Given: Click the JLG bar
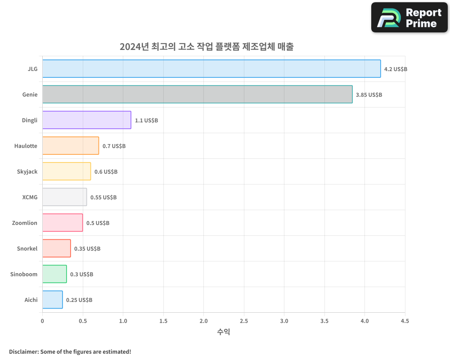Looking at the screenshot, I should pos(211,69).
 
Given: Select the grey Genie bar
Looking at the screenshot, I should pos(197,94).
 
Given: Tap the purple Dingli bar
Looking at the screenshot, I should pos(86,120).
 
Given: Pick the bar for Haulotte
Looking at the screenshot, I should pos(71,146).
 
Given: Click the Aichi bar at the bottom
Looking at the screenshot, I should pos(52,300).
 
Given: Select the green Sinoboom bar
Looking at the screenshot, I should pos(54,274).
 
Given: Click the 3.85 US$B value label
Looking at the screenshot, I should pos(369,95).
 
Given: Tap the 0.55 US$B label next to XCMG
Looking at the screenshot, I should pos(103,198).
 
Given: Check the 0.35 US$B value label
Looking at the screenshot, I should pos(87,249).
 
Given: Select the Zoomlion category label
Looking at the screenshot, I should pos(25,223).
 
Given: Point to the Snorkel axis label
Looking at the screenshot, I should pos(27,249).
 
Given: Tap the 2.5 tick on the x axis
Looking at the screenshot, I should pos(244,321).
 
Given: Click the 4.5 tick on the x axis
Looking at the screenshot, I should pos(405,321).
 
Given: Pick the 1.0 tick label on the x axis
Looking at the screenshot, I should pos(123,321).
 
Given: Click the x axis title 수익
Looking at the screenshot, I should pos(224,332).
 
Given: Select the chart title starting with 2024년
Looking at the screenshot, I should pos(207,47).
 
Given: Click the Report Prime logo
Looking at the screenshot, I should pos(409,18).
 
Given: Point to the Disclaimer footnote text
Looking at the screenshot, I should pos(70,351).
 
